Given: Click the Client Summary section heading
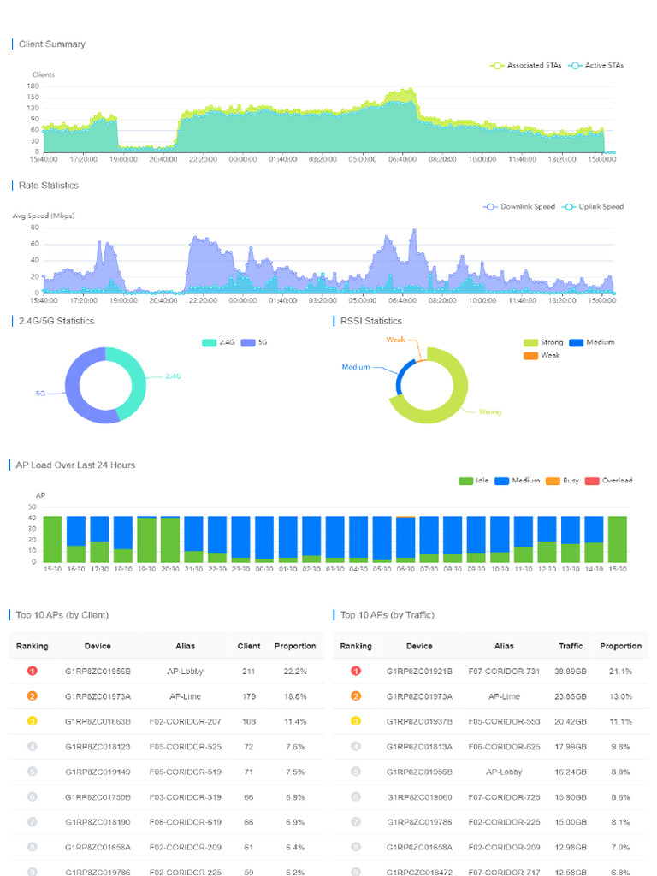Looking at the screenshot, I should (x=51, y=44).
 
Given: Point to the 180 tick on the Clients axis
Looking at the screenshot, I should (x=33, y=86).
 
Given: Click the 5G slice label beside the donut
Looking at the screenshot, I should (x=40, y=394).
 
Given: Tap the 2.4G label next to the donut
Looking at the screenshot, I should (x=174, y=376).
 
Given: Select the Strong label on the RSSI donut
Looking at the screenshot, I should (x=490, y=412).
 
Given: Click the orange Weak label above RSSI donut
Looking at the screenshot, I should (x=395, y=340).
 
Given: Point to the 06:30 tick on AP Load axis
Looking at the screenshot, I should (x=405, y=568).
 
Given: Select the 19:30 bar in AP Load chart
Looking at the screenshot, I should (x=146, y=539).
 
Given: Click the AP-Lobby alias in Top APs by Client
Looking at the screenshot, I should (x=186, y=672).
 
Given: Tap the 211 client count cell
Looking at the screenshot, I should (x=249, y=672).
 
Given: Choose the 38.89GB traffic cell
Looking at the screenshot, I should (x=571, y=672).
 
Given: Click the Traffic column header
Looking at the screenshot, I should (x=571, y=646).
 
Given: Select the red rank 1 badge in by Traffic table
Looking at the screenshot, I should (x=356, y=672).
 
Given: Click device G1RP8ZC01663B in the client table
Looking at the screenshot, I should (x=98, y=722).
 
